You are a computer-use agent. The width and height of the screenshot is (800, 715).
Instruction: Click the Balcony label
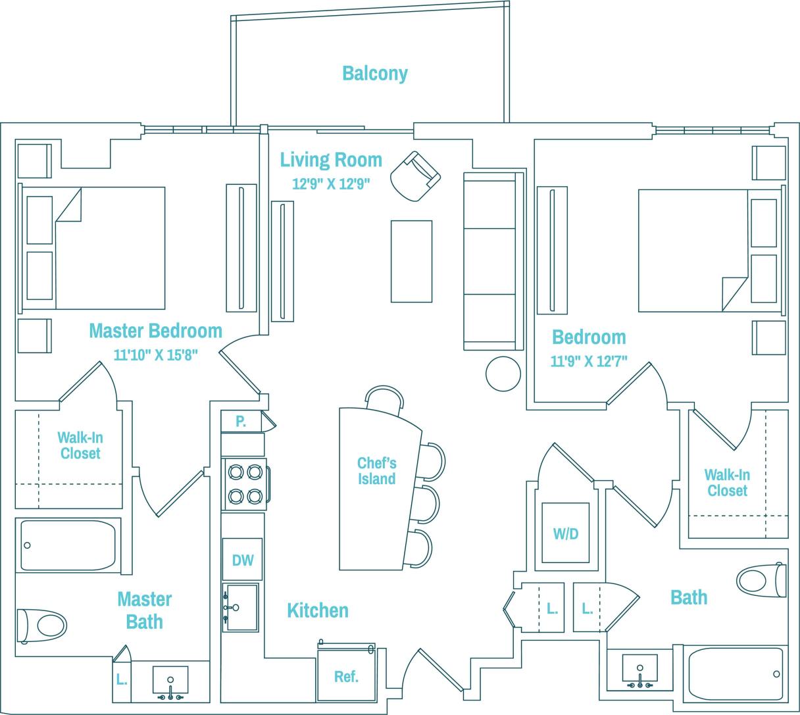pyautogui.click(x=374, y=73)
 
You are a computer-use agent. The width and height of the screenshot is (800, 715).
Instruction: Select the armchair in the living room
pyautogui.click(x=414, y=176)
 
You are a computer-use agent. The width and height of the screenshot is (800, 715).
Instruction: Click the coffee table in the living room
pyautogui.click(x=411, y=261)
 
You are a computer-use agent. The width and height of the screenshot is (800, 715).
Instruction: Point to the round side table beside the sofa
pyautogui.click(x=503, y=374)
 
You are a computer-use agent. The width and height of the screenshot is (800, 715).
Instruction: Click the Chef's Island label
pyautogui.click(x=377, y=471)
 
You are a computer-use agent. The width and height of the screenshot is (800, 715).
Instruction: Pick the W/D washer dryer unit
pyautogui.click(x=565, y=533)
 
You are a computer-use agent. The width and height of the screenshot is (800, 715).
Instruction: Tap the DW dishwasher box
pyautogui.click(x=242, y=560)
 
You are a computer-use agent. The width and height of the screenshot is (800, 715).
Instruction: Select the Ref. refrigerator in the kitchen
pyautogui.click(x=346, y=676)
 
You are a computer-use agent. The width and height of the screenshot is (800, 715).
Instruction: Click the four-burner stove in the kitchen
pyautogui.click(x=244, y=484)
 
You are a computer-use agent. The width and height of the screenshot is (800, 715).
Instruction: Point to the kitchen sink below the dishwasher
pyautogui.click(x=241, y=607)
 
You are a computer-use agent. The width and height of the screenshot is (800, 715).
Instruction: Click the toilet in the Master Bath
pyautogui.click(x=42, y=625)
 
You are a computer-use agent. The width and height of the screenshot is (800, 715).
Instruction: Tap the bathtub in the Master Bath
pyautogui.click(x=68, y=545)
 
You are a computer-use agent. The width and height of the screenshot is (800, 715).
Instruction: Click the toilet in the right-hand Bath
pyautogui.click(x=762, y=580)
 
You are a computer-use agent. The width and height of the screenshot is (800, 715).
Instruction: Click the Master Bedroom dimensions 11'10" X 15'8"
pyautogui.click(x=155, y=356)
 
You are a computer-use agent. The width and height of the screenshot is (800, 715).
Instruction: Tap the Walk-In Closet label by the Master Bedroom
pyautogui.click(x=80, y=445)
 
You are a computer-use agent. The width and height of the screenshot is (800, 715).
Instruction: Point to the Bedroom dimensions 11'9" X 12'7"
pyautogui.click(x=589, y=361)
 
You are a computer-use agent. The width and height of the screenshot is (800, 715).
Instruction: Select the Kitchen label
pyautogui.click(x=317, y=610)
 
